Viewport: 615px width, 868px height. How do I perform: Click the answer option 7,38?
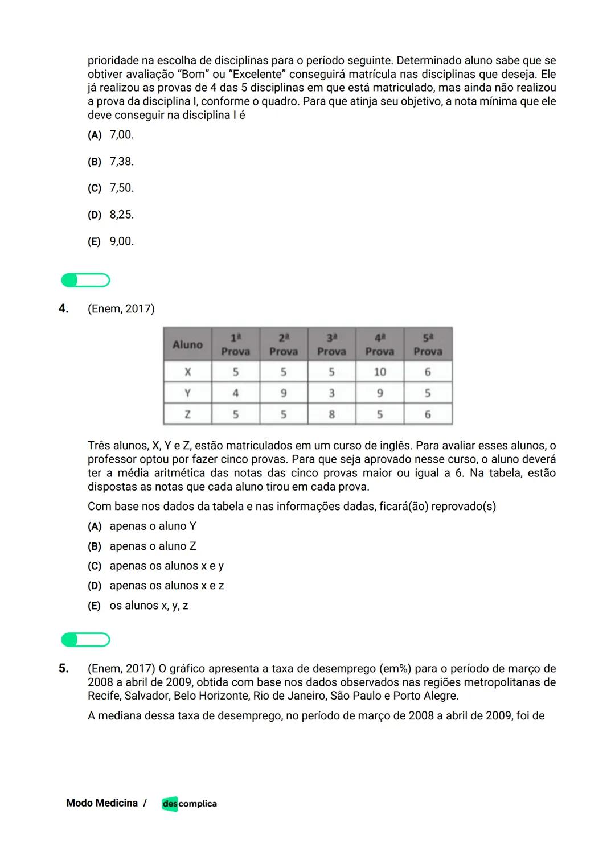121,162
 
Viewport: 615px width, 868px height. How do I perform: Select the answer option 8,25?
121,215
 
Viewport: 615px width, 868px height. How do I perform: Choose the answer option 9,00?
121,241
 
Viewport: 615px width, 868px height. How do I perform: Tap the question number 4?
64,308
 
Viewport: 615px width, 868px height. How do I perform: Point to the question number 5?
64,668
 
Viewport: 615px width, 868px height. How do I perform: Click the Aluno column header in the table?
187,344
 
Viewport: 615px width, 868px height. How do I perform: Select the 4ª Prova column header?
379,344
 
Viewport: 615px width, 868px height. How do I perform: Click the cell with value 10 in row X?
379,372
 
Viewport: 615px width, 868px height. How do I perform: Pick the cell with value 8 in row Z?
331,414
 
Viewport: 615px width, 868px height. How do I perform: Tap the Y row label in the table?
187,393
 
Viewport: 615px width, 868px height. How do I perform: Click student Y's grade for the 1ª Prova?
235,393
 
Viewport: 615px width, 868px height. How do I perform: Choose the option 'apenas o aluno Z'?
153,546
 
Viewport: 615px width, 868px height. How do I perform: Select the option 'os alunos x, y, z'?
149,606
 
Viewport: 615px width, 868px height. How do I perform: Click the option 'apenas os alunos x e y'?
166,566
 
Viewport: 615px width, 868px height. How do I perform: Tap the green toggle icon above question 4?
85,280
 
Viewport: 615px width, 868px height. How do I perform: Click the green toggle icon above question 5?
85,640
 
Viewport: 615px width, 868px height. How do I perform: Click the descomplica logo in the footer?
189,804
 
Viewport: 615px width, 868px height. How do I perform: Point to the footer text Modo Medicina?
102,803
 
